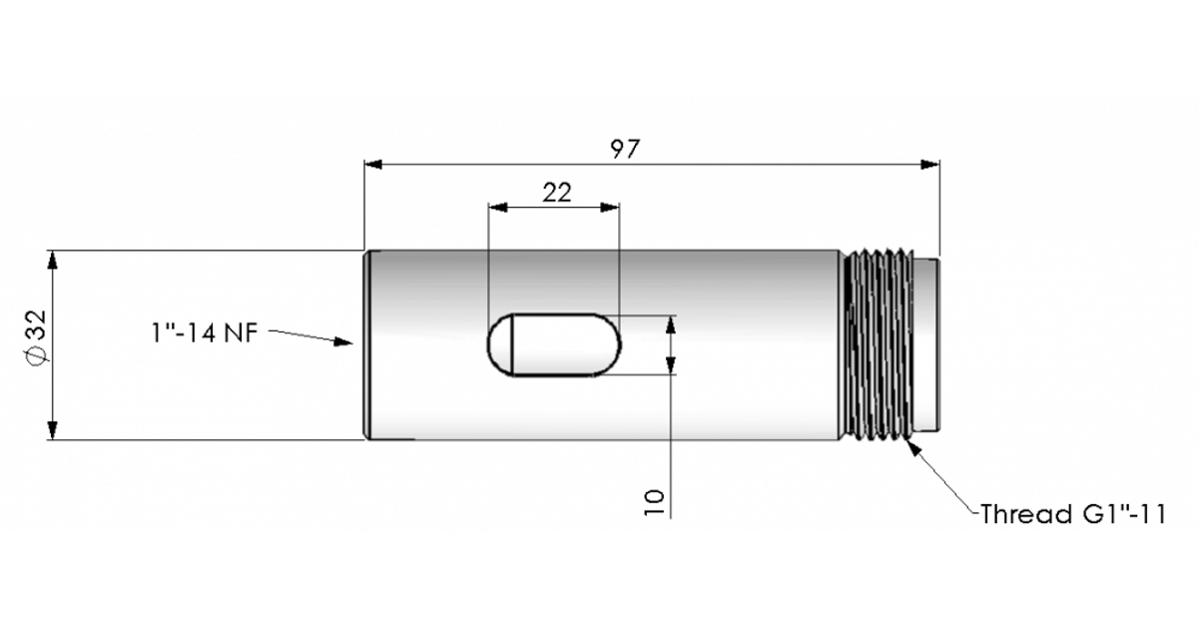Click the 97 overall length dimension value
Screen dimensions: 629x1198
point(625,149)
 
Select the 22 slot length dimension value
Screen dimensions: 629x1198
point(556,193)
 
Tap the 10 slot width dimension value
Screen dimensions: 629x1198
point(655,500)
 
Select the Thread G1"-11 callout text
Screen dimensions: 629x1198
point(1072,515)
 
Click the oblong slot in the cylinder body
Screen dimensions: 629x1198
point(554,345)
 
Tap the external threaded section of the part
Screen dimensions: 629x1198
point(878,344)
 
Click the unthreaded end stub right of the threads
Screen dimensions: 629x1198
point(925,344)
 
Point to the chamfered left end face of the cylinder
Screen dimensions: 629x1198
point(367,344)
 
